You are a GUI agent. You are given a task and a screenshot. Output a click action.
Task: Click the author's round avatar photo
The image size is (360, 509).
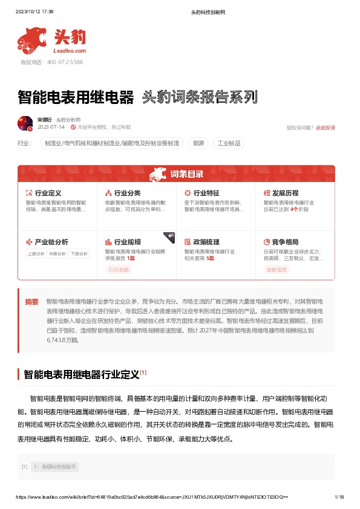[x=25, y=124]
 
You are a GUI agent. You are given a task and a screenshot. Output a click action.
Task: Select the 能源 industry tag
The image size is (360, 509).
[x=198, y=144]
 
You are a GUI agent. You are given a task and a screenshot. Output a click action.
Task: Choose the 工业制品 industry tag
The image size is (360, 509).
[x=229, y=144]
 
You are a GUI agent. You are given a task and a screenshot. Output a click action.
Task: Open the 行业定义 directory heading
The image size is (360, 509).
[x=48, y=193]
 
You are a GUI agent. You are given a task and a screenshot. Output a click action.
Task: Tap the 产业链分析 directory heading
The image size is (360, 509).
[x=51, y=241]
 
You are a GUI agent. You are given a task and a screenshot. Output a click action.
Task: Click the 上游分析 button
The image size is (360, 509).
[x=36, y=254]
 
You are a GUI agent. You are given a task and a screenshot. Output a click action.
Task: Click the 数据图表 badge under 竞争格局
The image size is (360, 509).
[x=277, y=270]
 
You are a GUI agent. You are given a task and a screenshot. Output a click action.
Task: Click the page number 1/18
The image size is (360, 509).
[x=339, y=497]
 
